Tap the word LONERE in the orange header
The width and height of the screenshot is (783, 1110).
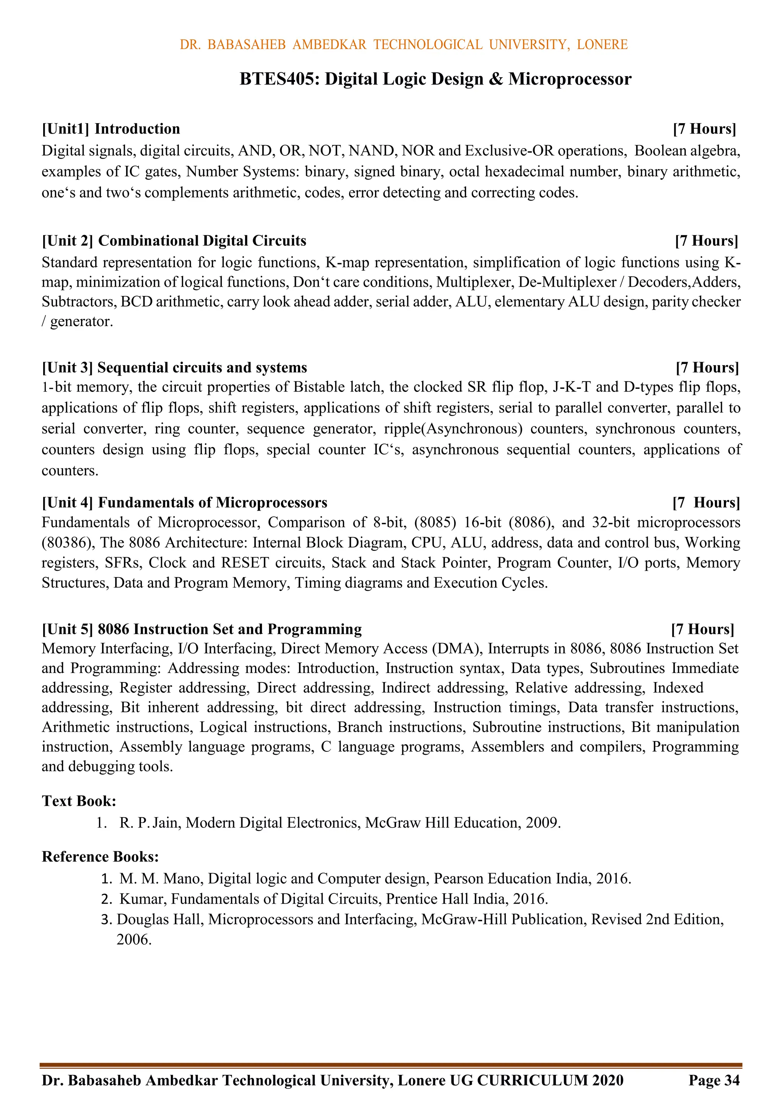pyautogui.click(x=602, y=44)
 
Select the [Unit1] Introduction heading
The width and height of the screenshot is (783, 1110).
pyautogui.click(x=111, y=129)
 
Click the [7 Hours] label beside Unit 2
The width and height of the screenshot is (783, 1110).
pyautogui.click(x=706, y=241)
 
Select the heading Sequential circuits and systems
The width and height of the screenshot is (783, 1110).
pyautogui.click(x=202, y=367)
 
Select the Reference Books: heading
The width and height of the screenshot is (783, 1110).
pyautogui.click(x=101, y=856)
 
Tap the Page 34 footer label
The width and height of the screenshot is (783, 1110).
pyautogui.click(x=713, y=1080)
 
